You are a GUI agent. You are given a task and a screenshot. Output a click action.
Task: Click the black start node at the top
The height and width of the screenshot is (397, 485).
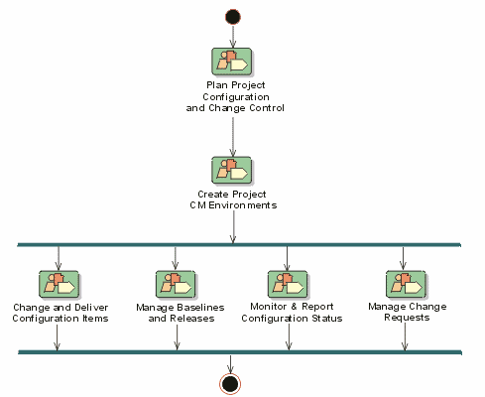[x=233, y=17]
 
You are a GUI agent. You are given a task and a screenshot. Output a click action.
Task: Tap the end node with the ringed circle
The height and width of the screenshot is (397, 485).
[x=230, y=384]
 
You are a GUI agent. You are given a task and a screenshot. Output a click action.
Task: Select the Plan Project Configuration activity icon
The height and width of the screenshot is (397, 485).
[x=232, y=62]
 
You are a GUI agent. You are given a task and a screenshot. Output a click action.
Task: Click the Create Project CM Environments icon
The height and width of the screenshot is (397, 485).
[x=232, y=171]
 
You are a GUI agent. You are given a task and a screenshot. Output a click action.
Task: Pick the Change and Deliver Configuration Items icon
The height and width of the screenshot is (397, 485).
[x=60, y=285]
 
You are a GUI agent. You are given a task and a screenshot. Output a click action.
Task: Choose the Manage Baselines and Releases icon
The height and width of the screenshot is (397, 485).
[x=176, y=285]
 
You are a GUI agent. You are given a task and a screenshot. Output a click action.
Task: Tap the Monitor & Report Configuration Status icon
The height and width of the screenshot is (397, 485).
[x=288, y=285]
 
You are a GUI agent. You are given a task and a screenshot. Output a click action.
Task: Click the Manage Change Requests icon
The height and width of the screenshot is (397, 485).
[x=406, y=285]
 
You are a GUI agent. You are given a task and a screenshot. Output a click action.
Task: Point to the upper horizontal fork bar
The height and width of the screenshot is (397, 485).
[x=239, y=245]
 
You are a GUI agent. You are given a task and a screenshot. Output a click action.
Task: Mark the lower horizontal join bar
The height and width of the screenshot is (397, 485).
[x=240, y=352]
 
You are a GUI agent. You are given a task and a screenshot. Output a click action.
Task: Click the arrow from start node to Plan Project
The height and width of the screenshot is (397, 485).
[x=233, y=37]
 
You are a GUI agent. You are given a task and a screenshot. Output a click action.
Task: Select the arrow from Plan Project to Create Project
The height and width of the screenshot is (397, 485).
[x=233, y=137]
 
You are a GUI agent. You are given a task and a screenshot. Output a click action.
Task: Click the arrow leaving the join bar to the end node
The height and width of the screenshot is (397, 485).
[x=230, y=364]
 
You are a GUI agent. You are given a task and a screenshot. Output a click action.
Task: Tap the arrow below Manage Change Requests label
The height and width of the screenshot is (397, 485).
[x=405, y=336]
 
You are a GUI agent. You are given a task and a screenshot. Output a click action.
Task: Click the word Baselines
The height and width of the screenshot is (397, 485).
[x=200, y=308]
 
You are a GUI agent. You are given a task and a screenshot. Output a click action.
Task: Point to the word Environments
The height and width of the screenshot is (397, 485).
[x=243, y=205]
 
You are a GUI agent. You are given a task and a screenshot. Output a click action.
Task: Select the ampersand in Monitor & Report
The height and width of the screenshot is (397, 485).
[x=294, y=307]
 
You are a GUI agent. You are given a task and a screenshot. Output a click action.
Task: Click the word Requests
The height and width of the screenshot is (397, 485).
[x=407, y=318]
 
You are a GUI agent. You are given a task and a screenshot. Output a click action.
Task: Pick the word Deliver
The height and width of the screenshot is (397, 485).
[x=91, y=308]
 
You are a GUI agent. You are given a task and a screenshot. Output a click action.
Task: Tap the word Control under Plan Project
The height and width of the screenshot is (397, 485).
[x=267, y=108]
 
